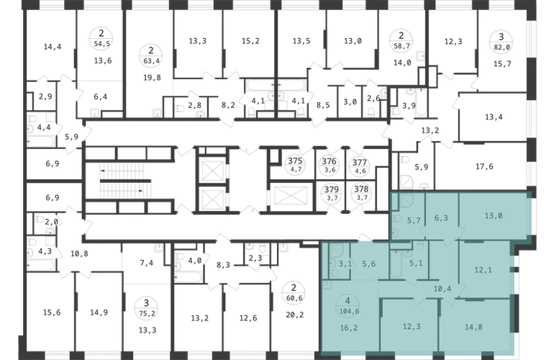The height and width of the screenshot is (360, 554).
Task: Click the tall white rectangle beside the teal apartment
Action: coord(383,181)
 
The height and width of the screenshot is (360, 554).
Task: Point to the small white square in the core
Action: coord(274,155)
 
